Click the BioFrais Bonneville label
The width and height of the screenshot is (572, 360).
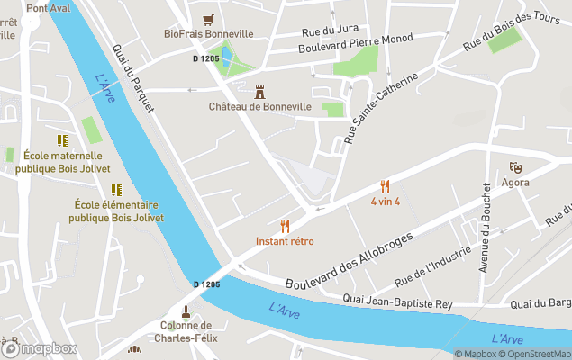(208, 34)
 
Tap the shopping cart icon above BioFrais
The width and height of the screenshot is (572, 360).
(209, 18)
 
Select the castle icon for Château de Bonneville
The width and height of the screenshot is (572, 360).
(260, 91)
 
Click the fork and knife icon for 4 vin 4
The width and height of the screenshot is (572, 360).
(386, 186)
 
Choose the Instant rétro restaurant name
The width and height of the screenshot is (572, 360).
(285, 241)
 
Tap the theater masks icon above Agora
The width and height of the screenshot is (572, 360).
(515, 167)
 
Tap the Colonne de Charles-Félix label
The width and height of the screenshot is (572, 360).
(186, 332)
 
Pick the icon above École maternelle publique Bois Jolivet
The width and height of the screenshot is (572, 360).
(62, 140)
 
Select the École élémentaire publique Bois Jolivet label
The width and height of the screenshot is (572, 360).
(115, 211)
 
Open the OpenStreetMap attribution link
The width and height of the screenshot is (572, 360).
(538, 354)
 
